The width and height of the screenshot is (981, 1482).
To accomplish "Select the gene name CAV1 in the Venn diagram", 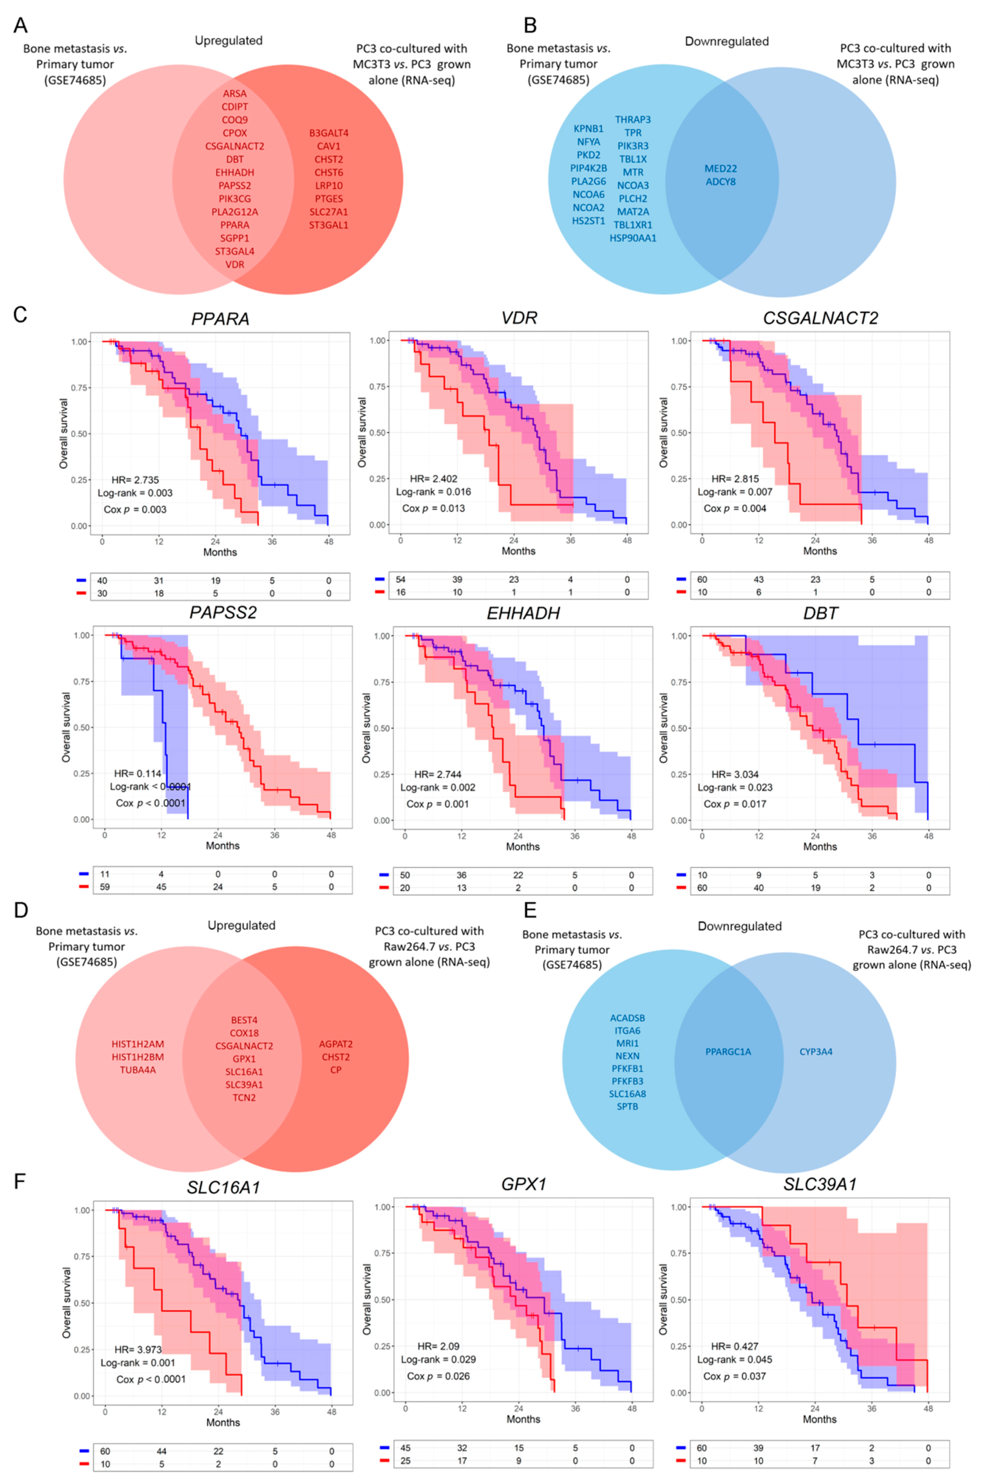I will pyautogui.click(x=329, y=146).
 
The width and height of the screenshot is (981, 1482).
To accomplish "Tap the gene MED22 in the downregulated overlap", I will pyautogui.click(x=721, y=169).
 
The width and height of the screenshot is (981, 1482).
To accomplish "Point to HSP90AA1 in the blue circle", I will pyautogui.click(x=633, y=238).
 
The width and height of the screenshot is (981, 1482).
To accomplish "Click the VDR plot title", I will pyautogui.click(x=519, y=318).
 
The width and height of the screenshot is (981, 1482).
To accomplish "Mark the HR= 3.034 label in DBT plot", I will pyautogui.click(x=735, y=774).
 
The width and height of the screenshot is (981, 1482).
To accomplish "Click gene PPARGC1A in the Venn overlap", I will pyautogui.click(x=728, y=1052).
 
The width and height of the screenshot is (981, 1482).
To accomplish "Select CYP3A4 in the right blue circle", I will pyautogui.click(x=816, y=1052).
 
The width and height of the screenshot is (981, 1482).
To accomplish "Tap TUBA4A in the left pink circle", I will pyautogui.click(x=138, y=1070).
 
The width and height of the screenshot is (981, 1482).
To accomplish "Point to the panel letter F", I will pyautogui.click(x=20, y=1182).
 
